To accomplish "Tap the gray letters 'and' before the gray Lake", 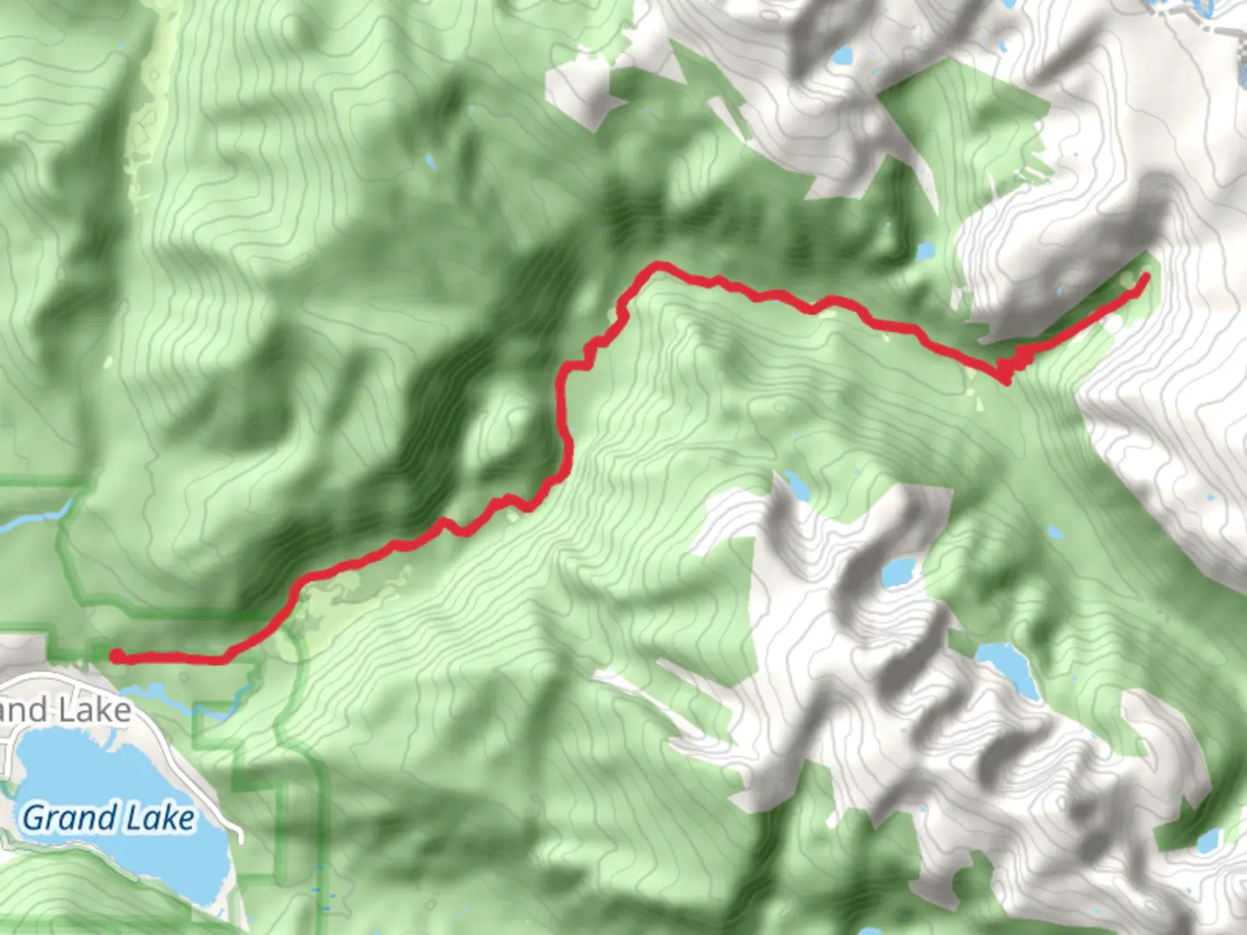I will coord(23,711).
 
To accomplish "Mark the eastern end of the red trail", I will coord(1146,277).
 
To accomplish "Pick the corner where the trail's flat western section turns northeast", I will coord(227,659).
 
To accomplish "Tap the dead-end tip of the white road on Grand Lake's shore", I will coord(240,837).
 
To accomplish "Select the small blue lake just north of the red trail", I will coord(925,251).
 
